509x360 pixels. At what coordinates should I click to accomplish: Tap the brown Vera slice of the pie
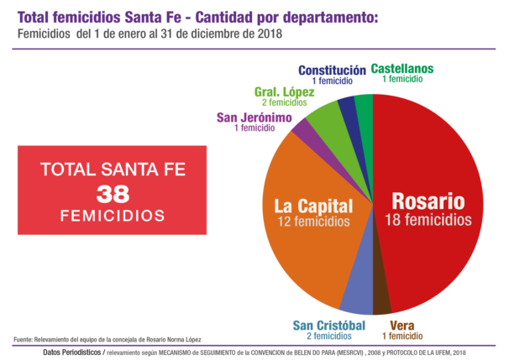click(x=381, y=299)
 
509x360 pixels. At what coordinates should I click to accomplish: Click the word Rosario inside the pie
click(x=428, y=201)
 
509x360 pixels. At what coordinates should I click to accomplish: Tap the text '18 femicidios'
click(x=428, y=220)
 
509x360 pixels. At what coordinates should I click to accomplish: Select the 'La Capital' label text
click(x=313, y=206)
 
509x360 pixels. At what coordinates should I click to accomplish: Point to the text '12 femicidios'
click(x=313, y=222)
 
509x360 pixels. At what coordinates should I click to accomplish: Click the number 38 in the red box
click(x=113, y=194)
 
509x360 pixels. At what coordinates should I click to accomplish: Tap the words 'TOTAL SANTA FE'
click(x=113, y=170)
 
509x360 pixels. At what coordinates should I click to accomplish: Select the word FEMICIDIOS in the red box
click(x=113, y=217)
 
